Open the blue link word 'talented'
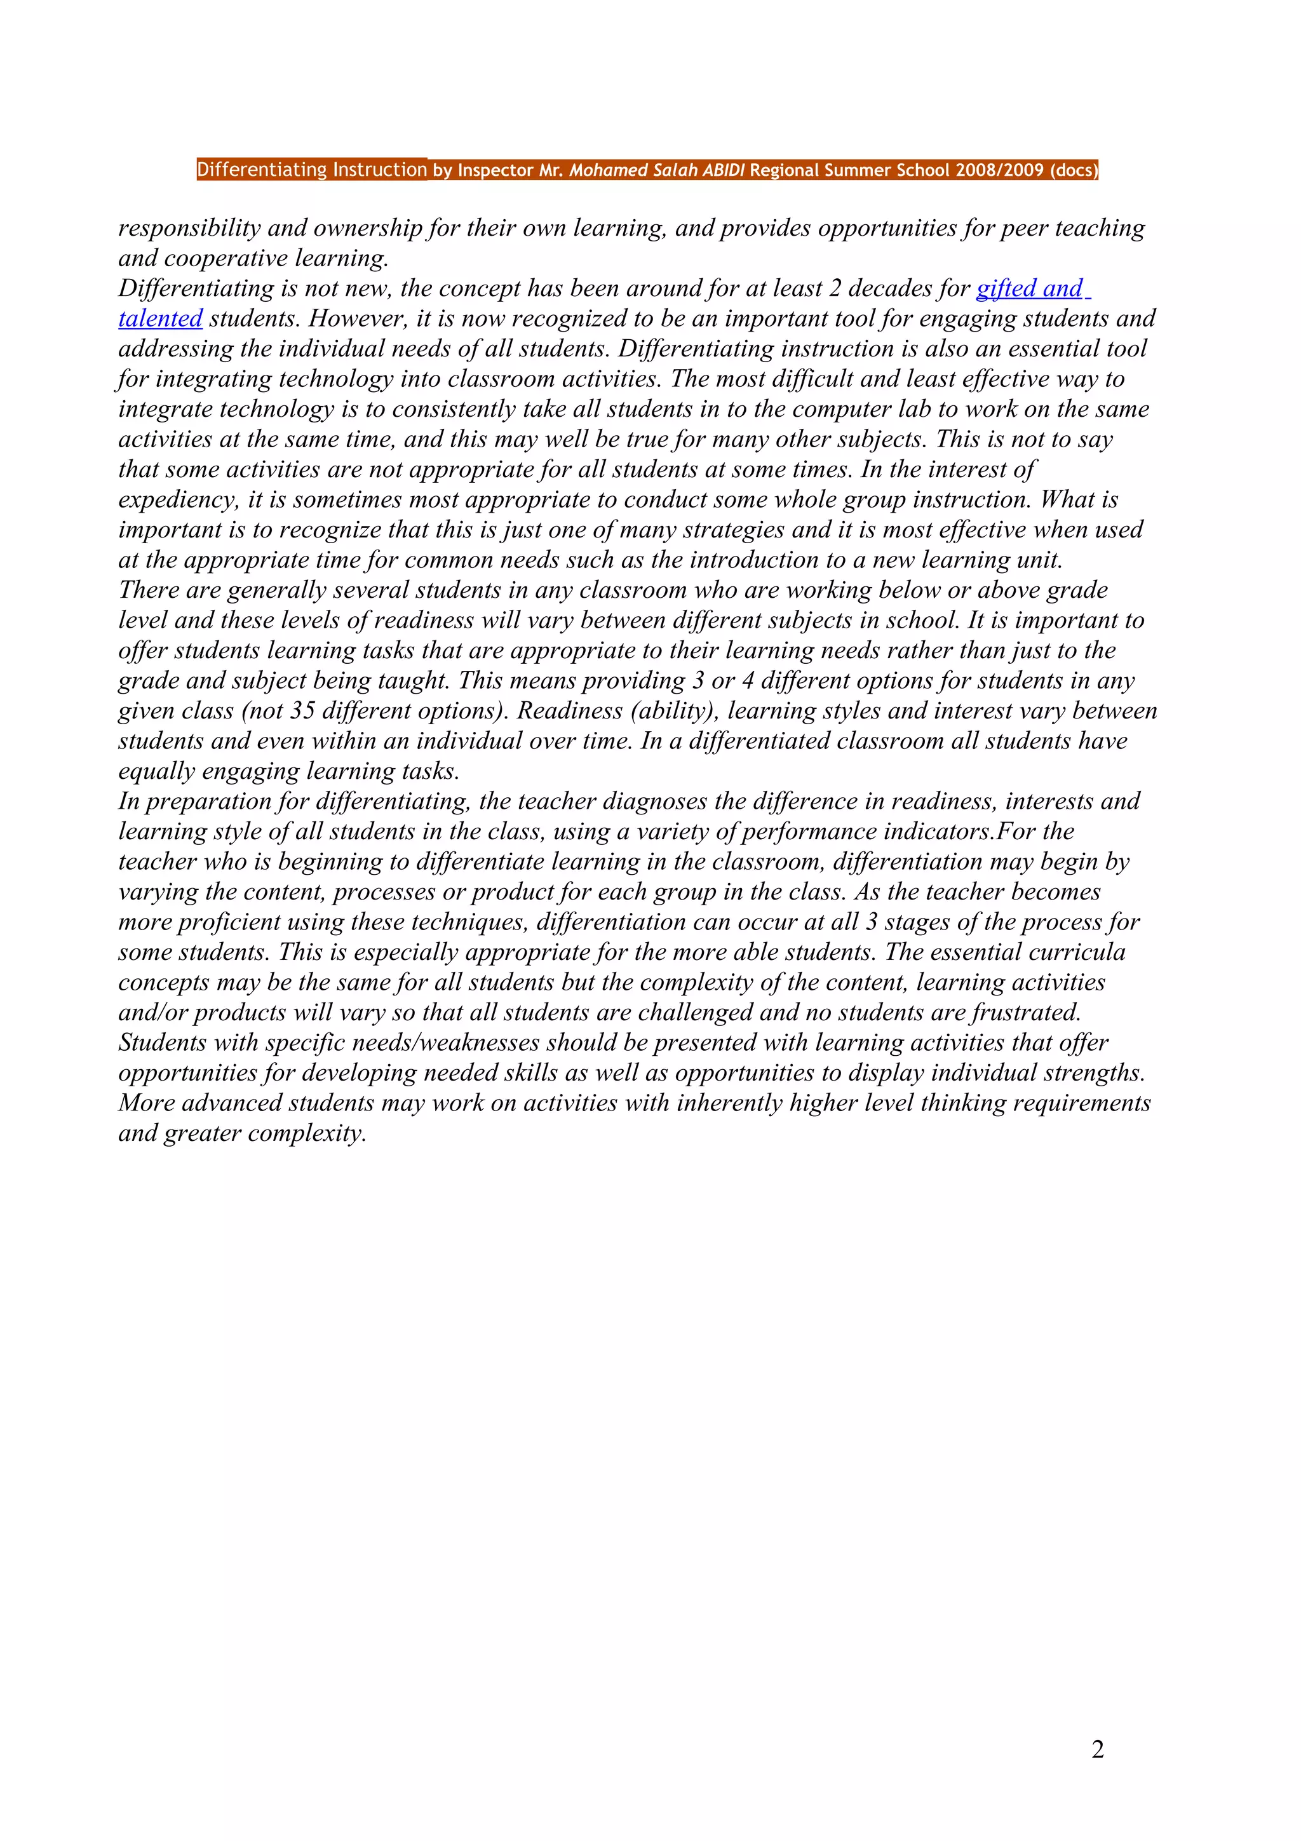[x=160, y=319]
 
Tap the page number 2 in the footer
[x=1097, y=1749]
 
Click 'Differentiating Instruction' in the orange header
[x=312, y=170]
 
